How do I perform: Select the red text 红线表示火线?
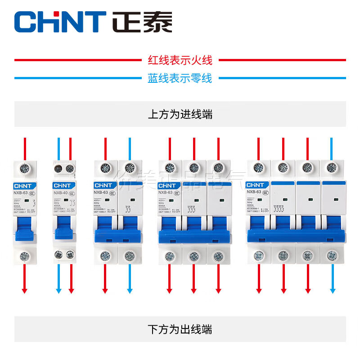point(180,59)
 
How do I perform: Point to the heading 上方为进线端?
point(180,114)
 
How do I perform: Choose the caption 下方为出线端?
point(180,329)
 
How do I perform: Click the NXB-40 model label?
point(61,192)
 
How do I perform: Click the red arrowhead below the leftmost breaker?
point(25,291)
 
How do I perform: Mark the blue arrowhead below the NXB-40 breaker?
point(58,291)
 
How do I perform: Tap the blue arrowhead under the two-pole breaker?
point(130,291)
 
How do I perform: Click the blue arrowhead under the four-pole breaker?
point(332,291)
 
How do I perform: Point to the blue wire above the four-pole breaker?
point(332,148)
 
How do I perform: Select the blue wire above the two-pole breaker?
point(130,148)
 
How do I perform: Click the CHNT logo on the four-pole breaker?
point(256,184)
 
